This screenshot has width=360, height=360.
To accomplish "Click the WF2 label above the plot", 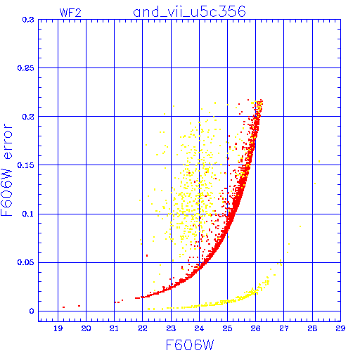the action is coord(70,13).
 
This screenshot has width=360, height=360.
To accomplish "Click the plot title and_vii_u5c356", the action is coord(189,11).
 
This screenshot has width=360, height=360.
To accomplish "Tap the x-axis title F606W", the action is coord(190,345).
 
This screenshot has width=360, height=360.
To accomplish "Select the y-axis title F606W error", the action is coord(6,170).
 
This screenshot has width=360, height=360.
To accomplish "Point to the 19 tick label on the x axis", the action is coord(58,328).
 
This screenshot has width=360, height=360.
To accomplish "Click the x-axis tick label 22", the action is coord(143,328).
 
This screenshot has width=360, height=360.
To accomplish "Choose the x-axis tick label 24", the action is coord(199,328).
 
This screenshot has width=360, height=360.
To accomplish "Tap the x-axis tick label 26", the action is coord(255,328).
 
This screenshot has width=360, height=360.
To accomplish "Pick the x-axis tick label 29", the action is coord(340,328).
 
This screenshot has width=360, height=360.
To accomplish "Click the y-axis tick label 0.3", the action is coord(28,20).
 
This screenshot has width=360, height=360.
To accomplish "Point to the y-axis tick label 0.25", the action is coord(26,68).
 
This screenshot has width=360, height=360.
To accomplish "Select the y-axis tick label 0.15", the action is coord(26,165).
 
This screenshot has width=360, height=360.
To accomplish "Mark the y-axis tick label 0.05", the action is coord(26,262).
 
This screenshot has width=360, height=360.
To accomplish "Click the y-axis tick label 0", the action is coord(32,311).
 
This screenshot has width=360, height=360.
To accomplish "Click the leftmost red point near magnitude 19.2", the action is coord(63,307).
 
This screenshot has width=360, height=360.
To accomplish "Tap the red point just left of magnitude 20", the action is coord(79,306).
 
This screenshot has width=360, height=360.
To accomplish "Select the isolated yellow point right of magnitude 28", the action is coord(319,162).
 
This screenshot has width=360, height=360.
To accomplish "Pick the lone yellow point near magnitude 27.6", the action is coord(300,226).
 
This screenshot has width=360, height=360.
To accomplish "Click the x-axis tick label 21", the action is coord(114,328).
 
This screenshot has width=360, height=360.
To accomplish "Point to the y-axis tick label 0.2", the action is coord(28,117).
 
